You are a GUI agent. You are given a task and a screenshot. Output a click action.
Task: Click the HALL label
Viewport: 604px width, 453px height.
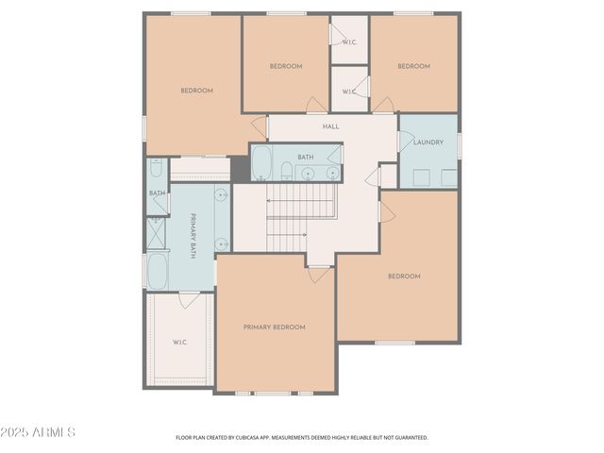[x=331, y=126]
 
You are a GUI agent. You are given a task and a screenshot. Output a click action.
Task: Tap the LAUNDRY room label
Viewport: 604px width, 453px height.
[x=428, y=143]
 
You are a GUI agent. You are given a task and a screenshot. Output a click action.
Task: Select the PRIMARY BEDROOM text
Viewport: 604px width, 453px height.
[x=275, y=327]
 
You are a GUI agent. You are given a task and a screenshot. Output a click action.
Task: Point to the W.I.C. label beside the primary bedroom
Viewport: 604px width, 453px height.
[x=179, y=342]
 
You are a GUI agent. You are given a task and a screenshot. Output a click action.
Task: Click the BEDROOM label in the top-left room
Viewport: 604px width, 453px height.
[x=197, y=91]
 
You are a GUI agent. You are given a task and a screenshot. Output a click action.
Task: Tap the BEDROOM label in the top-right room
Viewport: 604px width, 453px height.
[x=413, y=66]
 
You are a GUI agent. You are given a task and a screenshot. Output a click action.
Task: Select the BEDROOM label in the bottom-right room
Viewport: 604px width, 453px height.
[x=404, y=277]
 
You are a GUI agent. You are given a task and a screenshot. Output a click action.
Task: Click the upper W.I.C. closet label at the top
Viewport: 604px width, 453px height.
[x=349, y=41]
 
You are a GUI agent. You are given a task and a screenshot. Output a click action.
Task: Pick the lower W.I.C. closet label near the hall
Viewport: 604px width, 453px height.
[x=349, y=92]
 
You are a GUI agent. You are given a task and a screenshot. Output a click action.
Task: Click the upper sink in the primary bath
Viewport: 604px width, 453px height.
[x=220, y=195]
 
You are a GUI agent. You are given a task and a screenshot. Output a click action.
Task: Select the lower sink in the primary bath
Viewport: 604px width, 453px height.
[x=221, y=243]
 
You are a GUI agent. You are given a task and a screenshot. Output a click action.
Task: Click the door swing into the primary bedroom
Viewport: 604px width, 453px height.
[x=320, y=274]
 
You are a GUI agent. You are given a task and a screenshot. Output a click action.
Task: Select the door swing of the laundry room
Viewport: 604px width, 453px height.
[x=407, y=142]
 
